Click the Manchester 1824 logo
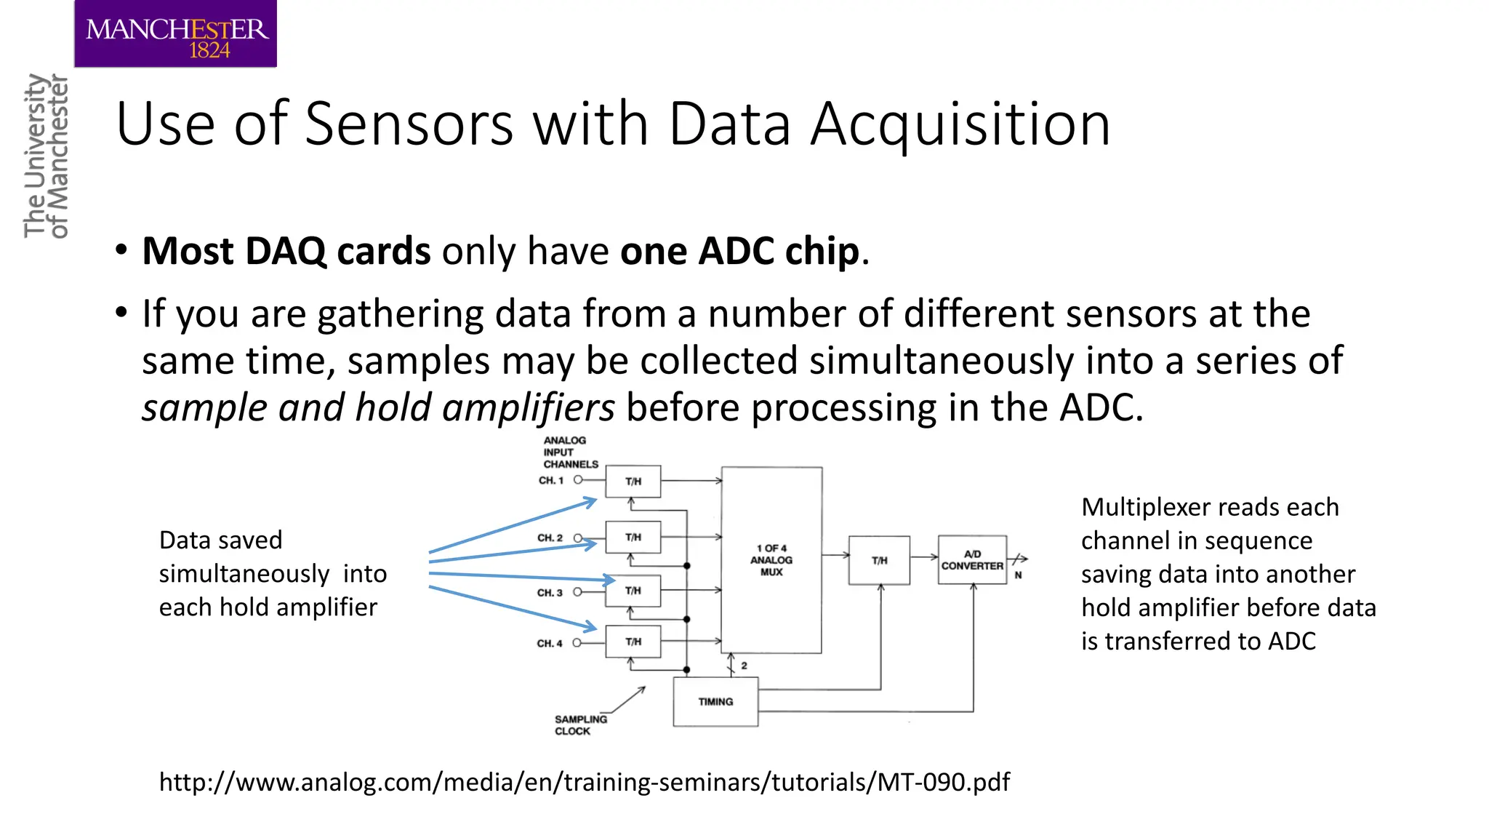[176, 35]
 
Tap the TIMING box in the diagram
[715, 702]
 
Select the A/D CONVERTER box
[972, 560]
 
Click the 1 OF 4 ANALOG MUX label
[771, 560]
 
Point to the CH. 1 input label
[551, 481]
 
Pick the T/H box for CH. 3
[633, 591]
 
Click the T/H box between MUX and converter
[879, 560]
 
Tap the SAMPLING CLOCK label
[580, 725]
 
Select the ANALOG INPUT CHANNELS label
[569, 452]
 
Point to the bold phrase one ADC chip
[740, 252]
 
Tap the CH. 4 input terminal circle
[577, 643]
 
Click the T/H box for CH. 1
[633, 482]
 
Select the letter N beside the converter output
[1018, 575]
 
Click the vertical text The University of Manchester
[47, 156]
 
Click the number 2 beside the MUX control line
[744, 666]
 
